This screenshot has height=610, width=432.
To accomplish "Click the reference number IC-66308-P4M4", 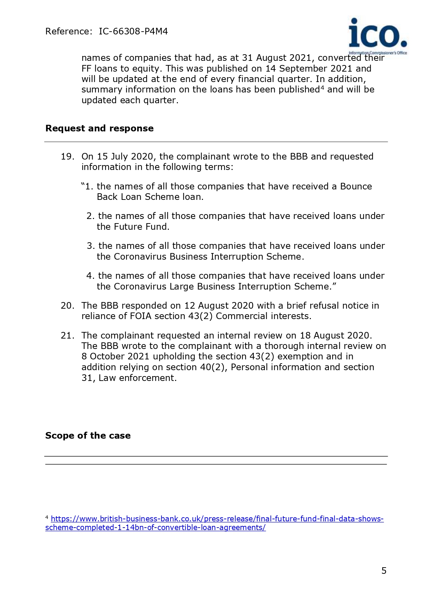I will point(133,32).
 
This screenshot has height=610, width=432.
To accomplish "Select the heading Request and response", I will point(99,128).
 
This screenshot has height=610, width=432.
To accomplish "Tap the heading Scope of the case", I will point(88,436).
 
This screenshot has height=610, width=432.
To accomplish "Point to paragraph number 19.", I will point(67,156).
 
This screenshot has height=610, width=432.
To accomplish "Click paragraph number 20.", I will point(67,306).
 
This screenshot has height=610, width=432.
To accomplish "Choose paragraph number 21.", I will point(67,335).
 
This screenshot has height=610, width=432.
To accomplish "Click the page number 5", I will point(384,571).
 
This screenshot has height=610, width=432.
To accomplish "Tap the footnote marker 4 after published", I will point(322,88).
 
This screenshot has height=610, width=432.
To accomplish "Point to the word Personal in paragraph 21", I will point(250,367).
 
